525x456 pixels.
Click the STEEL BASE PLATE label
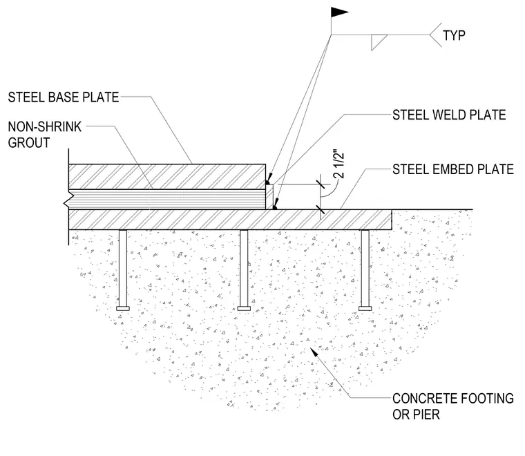(64, 97)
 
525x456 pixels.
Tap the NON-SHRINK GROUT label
(45, 135)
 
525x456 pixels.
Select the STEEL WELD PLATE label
(449, 115)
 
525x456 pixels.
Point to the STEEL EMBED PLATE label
(453, 169)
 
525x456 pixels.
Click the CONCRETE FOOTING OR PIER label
(453, 406)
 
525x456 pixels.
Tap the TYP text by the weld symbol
(454, 35)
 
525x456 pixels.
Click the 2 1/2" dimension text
(339, 165)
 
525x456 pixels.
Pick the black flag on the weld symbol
(339, 12)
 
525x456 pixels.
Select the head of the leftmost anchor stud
(123, 308)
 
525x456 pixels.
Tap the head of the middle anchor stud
(244, 308)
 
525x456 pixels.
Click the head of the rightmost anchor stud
(365, 308)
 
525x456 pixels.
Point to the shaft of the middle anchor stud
(244, 268)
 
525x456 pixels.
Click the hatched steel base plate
(167, 176)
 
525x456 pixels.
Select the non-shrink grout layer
(167, 200)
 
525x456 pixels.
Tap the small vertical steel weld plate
(269, 197)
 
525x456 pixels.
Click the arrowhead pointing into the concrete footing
(315, 353)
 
